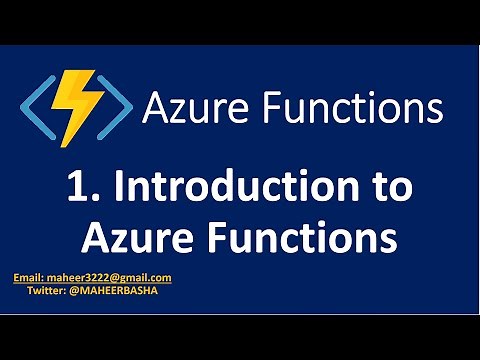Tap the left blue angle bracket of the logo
pyautogui.click(x=36, y=106)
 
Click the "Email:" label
pyautogui.click(x=27, y=278)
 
